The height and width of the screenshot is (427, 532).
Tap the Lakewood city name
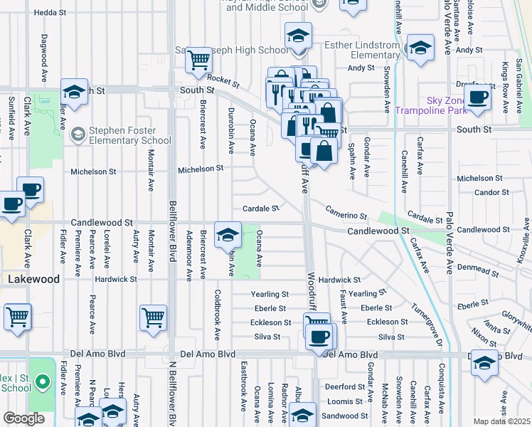pos(33,280)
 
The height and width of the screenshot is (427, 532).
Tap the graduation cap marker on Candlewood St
pos(228,234)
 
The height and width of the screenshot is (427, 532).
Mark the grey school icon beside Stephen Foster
pos(77,134)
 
